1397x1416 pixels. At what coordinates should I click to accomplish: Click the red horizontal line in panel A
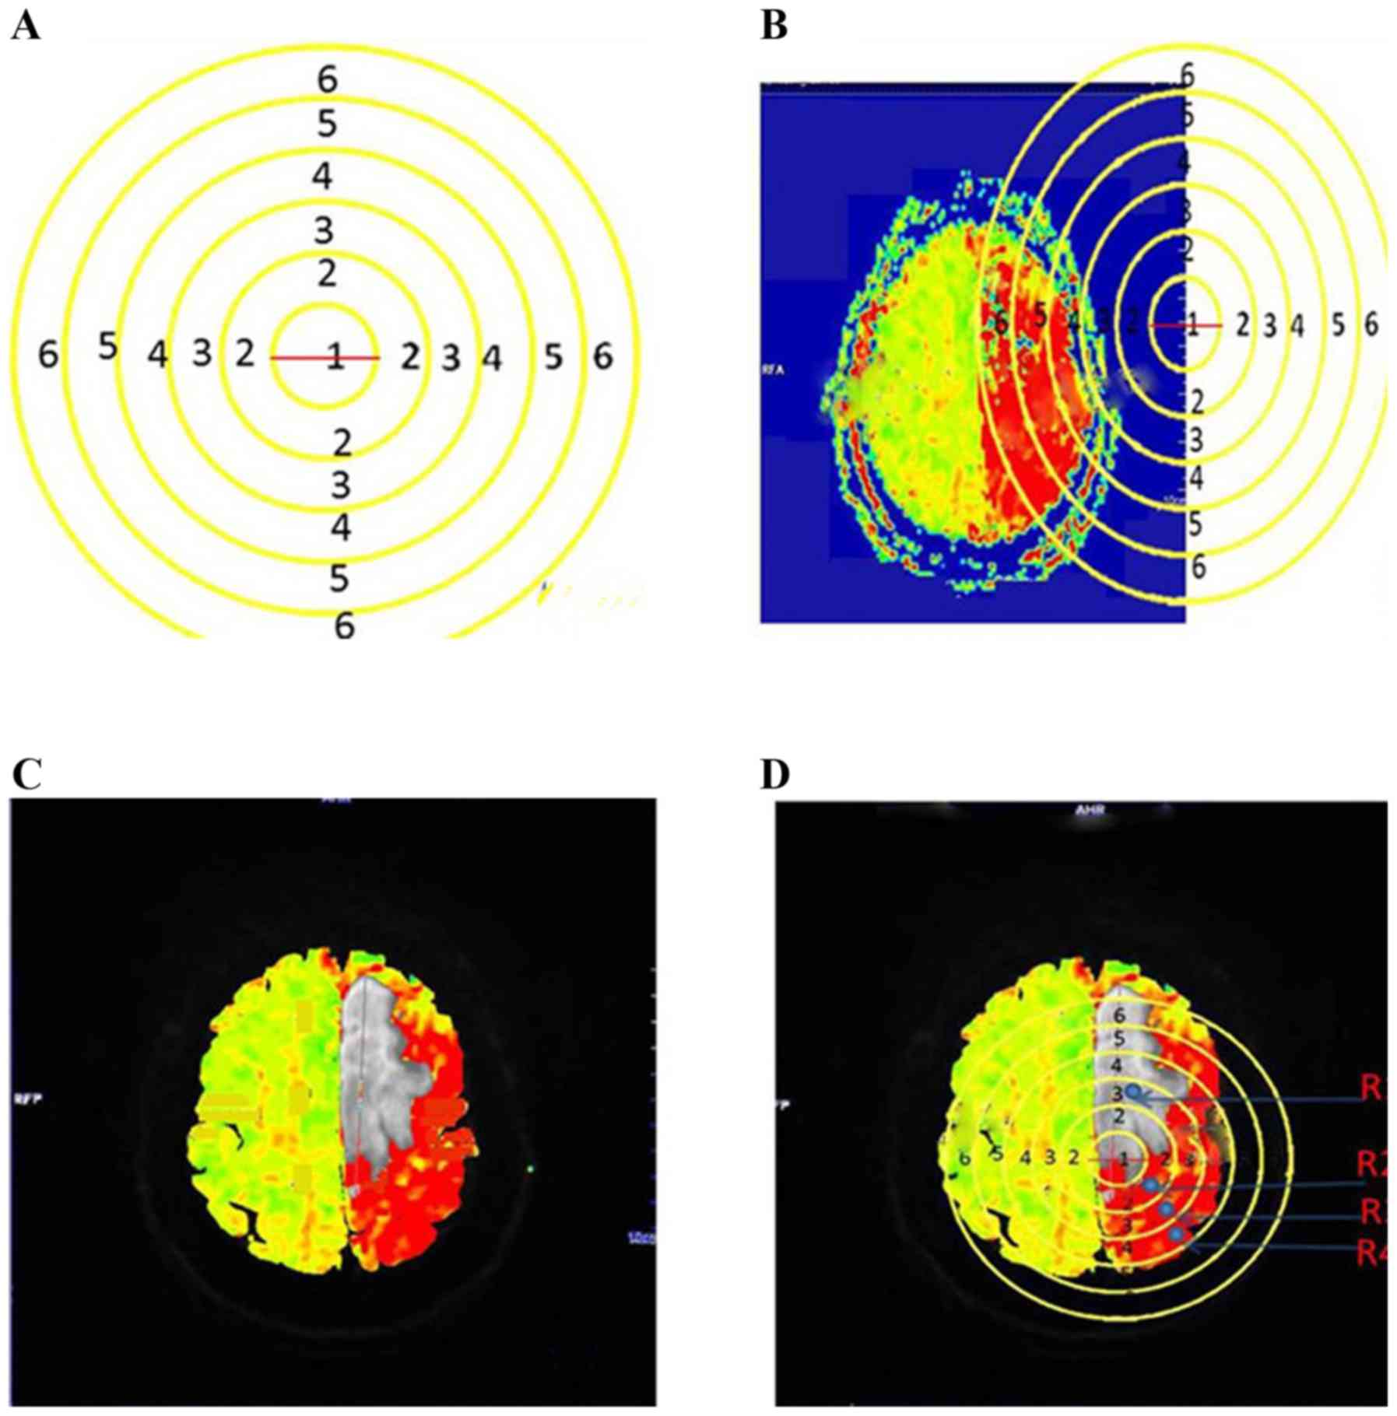pos(296,358)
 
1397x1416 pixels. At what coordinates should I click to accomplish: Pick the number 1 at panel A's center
pos(335,359)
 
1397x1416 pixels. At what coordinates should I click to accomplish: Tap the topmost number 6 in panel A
pos(327,79)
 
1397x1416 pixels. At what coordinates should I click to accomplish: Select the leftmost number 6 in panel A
pos(48,356)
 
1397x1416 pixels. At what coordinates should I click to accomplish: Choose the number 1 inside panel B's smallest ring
pos(1191,325)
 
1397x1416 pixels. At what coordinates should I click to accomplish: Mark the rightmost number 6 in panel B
pos(1371,324)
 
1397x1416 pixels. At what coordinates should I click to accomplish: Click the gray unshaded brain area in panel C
pos(374,1074)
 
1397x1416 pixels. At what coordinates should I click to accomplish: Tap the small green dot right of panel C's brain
pos(530,1168)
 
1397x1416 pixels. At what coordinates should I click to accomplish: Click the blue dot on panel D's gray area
pos(1135,1092)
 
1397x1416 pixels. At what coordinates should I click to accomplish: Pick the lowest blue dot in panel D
pos(1176,1235)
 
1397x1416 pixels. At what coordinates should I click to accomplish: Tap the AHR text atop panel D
pos(1089,810)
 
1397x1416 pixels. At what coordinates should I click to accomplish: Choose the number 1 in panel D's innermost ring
pos(1124,1159)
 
